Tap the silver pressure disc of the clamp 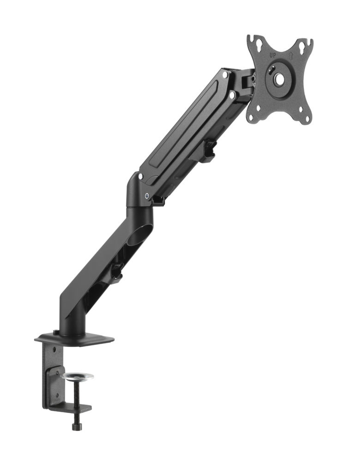(77, 376)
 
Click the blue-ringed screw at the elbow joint (147, 195)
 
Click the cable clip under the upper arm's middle (209, 151)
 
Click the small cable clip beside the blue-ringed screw (158, 200)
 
